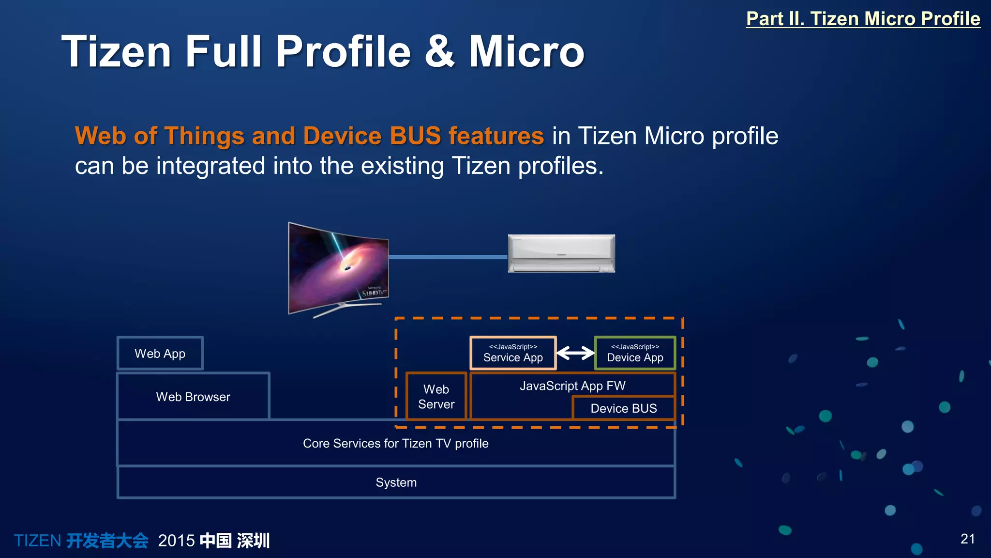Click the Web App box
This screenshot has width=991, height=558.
[160, 354]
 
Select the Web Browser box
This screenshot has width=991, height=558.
[193, 397]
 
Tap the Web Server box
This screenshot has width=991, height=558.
[436, 397]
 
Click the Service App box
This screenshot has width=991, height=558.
[513, 354]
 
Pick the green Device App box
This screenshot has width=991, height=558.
[635, 354]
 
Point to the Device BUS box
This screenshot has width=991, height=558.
[623, 408]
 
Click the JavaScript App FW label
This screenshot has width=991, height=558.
[572, 386]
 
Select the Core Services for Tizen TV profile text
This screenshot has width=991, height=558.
[395, 443]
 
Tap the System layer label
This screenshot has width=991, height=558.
[396, 482]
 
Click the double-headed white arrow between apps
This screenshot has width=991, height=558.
[575, 353]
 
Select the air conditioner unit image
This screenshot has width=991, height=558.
[561, 253]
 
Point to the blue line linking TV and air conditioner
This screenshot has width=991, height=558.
[448, 257]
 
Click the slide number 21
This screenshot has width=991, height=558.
[967, 539]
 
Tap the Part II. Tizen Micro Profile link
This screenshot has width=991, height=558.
[863, 19]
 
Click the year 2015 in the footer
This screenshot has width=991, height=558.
[176, 541]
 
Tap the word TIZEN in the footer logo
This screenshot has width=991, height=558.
[38, 541]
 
